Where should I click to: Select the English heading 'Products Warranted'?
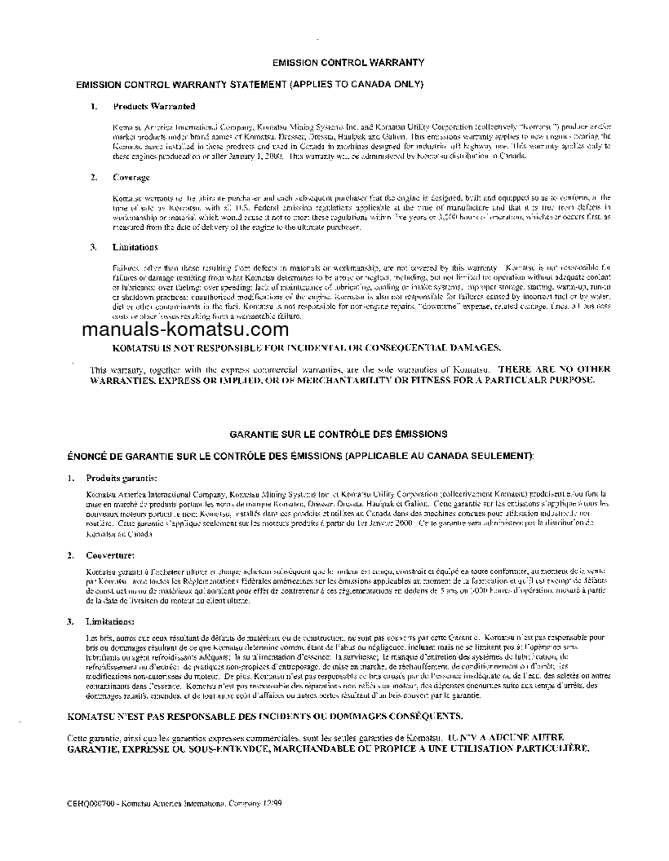(x=154, y=106)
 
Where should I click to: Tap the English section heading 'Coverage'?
(x=131, y=177)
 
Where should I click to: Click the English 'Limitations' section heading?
(x=135, y=247)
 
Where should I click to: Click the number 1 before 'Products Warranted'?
(x=93, y=106)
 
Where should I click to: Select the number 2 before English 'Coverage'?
(x=93, y=177)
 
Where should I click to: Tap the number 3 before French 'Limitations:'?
(x=71, y=621)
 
